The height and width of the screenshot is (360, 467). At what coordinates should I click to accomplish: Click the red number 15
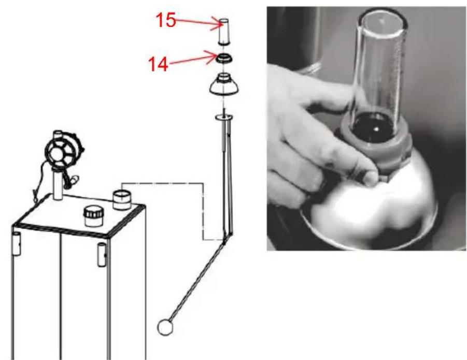pyautogui.click(x=165, y=20)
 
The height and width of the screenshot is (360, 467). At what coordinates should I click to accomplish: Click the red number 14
pyautogui.click(x=158, y=64)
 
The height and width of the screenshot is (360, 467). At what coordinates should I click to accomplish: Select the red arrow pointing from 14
pyautogui.click(x=193, y=59)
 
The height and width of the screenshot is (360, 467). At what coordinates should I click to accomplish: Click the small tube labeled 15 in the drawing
pyautogui.click(x=224, y=32)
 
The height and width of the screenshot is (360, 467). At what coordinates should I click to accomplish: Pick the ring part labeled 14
pyautogui.click(x=224, y=58)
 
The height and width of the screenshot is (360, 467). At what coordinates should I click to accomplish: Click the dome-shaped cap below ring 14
pyautogui.click(x=224, y=84)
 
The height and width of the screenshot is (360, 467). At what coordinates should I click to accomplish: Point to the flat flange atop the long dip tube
pyautogui.click(x=224, y=118)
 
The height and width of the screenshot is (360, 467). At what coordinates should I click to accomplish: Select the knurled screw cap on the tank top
pyautogui.click(x=93, y=217)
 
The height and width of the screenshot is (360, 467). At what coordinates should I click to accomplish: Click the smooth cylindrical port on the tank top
pyautogui.click(x=121, y=199)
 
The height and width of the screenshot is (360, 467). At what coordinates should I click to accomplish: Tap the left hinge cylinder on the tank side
pyautogui.click(x=17, y=244)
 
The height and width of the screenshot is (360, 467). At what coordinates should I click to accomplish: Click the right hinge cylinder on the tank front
pyautogui.click(x=102, y=255)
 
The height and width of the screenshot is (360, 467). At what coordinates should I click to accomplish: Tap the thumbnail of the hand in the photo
pyautogui.click(x=371, y=178)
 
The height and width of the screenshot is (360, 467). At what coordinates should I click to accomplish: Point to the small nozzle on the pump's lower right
pyautogui.click(x=75, y=179)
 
